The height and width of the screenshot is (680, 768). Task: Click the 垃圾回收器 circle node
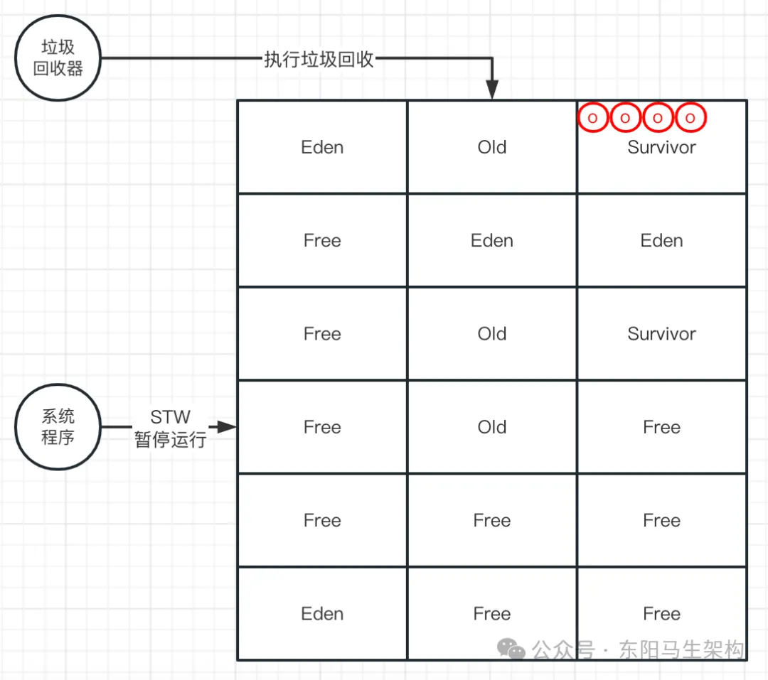[x=58, y=58]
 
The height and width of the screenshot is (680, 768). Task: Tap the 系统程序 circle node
[x=58, y=427]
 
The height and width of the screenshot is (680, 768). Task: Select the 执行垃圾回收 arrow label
[x=319, y=59]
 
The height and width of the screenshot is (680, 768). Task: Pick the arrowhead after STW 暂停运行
[x=227, y=427]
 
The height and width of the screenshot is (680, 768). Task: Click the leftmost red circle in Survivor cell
[x=592, y=118]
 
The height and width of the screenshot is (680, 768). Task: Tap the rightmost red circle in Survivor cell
[x=690, y=118]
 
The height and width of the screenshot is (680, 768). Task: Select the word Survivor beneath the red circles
[x=661, y=147]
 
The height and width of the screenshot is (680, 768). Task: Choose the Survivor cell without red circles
[x=661, y=333]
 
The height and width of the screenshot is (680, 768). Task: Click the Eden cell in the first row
[x=322, y=147]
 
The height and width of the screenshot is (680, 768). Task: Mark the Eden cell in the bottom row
[x=322, y=613]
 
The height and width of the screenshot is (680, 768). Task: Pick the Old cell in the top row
[x=492, y=147]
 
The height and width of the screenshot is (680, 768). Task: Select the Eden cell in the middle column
[x=492, y=240]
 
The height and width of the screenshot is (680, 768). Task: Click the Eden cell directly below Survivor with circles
[x=661, y=240]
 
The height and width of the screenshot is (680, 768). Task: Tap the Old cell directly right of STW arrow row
[x=492, y=427]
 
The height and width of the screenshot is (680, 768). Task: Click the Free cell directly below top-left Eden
[x=322, y=240]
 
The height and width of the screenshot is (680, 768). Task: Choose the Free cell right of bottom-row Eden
[x=492, y=613]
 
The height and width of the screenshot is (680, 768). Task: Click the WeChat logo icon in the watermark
[x=511, y=648]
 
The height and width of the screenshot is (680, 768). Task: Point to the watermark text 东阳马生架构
[x=681, y=649]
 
